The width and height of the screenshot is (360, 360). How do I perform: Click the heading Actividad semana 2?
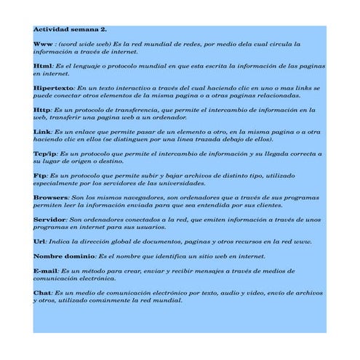tap(70, 30)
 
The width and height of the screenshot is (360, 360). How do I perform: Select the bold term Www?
tap(43, 44)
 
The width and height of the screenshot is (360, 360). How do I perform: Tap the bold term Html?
tap(42, 65)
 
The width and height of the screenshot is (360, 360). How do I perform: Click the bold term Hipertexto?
tap(54, 87)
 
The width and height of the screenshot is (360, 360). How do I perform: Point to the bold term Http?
tap(42, 108)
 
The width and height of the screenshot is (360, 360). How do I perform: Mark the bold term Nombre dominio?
tap(64, 255)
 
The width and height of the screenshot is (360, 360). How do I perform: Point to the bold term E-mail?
tap(46, 271)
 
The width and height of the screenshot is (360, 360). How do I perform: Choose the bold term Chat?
tap(42, 292)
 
